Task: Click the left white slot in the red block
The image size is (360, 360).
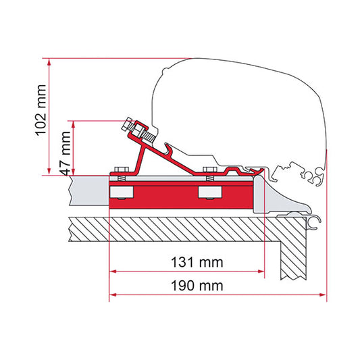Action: [122, 193]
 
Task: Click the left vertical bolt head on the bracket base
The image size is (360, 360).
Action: [121, 169]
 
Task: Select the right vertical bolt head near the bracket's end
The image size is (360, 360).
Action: [209, 168]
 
